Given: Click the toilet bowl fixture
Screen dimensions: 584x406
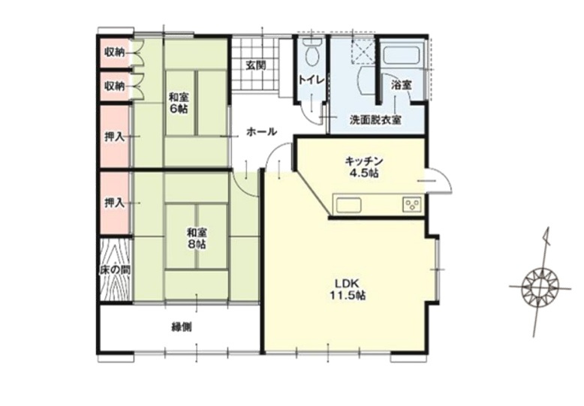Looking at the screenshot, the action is tap(312, 53).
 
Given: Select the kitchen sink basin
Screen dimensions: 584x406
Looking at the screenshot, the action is tap(348, 205).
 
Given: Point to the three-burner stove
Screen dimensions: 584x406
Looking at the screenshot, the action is tap(411, 205).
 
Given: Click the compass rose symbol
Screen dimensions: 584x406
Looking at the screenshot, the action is tap(540, 287).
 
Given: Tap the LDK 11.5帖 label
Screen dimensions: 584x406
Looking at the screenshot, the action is tap(347, 290).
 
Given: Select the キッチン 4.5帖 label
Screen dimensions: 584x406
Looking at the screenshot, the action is tap(363, 167).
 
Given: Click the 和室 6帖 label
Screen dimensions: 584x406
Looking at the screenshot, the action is tap(179, 103).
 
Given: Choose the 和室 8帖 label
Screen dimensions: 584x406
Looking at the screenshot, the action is tap(197, 239).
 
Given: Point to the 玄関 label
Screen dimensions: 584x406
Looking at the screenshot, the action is tap(256, 65).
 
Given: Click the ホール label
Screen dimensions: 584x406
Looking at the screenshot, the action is tap(261, 131).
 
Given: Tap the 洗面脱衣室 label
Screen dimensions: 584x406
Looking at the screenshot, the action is tap(375, 120).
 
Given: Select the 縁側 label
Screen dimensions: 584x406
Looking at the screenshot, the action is tap(182, 327).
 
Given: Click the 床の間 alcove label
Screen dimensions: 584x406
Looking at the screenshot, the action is tap(115, 270).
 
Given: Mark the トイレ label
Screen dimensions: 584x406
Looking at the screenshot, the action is tap(312, 80).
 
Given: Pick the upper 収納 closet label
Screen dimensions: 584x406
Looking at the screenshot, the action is tap(114, 53).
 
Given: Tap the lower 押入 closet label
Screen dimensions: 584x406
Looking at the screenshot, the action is tap(114, 203).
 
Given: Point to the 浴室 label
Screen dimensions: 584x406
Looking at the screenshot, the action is tap(401, 86).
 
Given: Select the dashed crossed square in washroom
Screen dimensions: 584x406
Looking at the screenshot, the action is tap(363, 50).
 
